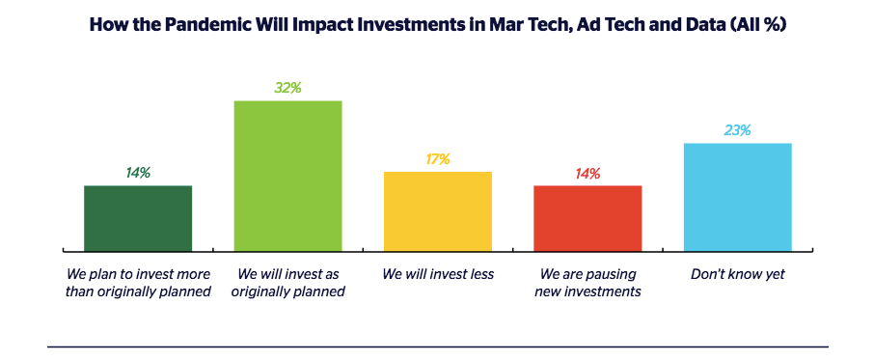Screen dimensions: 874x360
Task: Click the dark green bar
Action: coord(138,218)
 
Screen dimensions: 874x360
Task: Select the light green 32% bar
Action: coord(287,176)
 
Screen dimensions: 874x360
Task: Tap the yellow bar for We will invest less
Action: coord(438,211)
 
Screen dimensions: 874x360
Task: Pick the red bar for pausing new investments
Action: coord(587,218)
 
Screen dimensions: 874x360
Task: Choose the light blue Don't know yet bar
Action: coord(737,197)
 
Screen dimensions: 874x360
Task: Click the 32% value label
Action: coord(287,88)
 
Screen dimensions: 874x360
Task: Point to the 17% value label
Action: coord(438,159)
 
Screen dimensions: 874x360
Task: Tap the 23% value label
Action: coord(737,130)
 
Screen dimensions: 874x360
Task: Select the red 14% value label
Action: coord(587,174)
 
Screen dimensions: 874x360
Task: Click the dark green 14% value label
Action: coord(138,174)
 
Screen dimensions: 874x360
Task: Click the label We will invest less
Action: coord(438,275)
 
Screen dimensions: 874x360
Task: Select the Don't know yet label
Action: coord(737,275)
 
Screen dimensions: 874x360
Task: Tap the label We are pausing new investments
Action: coord(587,283)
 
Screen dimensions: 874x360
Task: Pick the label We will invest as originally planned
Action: coord(287,283)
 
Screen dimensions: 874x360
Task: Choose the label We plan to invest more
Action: coord(138,275)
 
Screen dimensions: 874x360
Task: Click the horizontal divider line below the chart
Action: coord(438,346)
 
